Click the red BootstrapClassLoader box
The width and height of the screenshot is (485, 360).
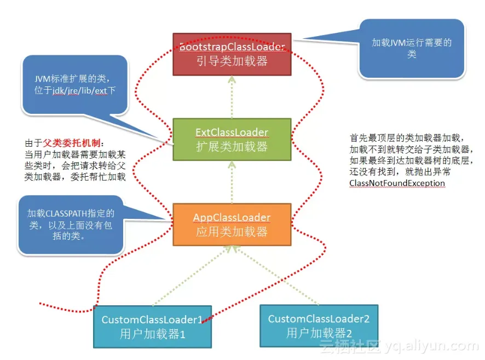point(232,54)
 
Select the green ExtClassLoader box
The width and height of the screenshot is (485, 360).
point(232,139)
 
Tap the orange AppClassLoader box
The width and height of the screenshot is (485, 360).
point(232,224)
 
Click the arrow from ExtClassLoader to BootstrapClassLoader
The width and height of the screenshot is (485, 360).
point(232,97)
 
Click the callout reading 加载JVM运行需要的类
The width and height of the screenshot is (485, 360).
point(412,48)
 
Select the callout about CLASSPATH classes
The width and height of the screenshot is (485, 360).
point(71,224)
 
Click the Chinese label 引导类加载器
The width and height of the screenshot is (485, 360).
point(232,61)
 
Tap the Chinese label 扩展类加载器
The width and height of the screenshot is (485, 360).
point(232,146)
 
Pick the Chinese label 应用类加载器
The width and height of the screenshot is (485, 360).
point(232,231)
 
